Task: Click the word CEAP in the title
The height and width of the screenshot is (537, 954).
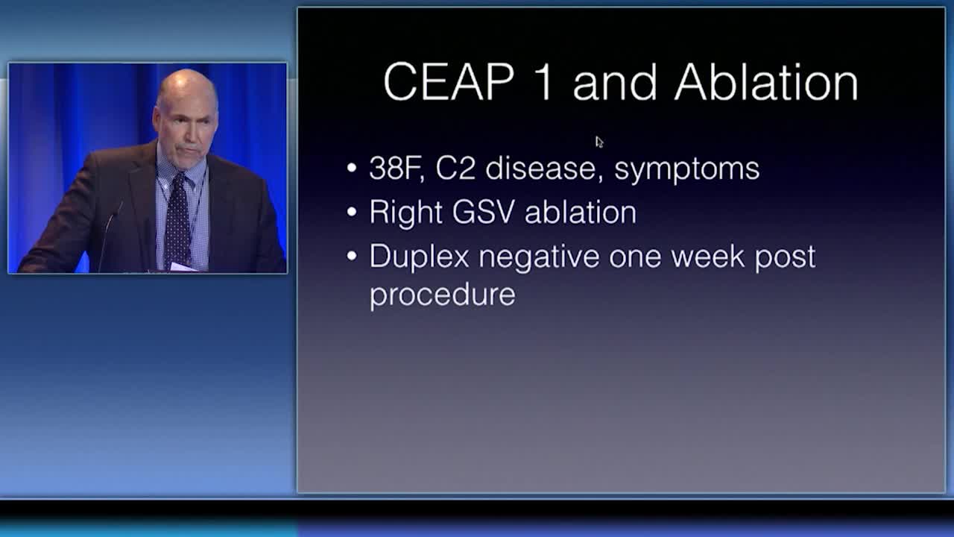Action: [x=449, y=82]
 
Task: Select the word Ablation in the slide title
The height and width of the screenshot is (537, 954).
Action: [x=766, y=81]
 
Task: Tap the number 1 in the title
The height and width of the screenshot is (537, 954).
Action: [x=545, y=82]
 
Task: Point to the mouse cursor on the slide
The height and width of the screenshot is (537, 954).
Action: [x=599, y=142]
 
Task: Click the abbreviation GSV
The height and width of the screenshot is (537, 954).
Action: [x=484, y=212]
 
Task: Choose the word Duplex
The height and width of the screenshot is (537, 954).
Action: [x=419, y=257]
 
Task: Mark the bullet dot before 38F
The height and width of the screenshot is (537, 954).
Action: [x=352, y=168]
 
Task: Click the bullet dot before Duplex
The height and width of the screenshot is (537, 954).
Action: [x=352, y=256]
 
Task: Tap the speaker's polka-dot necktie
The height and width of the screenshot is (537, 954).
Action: [x=177, y=222]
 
